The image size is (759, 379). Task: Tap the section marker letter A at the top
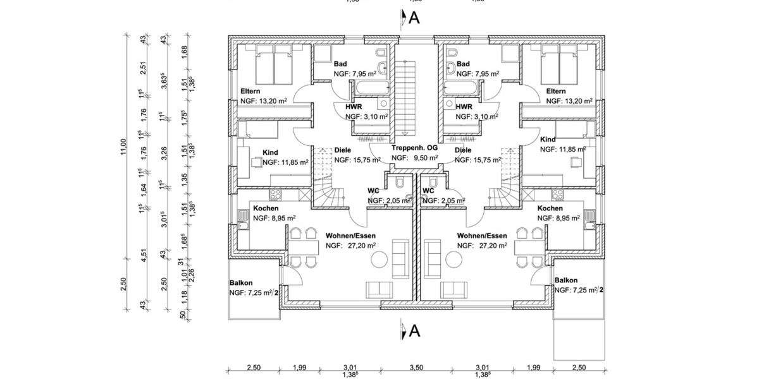point(414,18)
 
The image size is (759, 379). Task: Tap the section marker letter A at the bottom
point(414,330)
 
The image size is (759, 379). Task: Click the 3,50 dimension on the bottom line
point(416,367)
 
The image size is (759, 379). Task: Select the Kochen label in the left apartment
point(266,208)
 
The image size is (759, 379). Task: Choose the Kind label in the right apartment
point(548,139)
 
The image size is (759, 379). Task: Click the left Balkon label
point(241,282)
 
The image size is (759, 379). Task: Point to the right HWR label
point(464,107)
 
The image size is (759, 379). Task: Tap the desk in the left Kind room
point(257,162)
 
